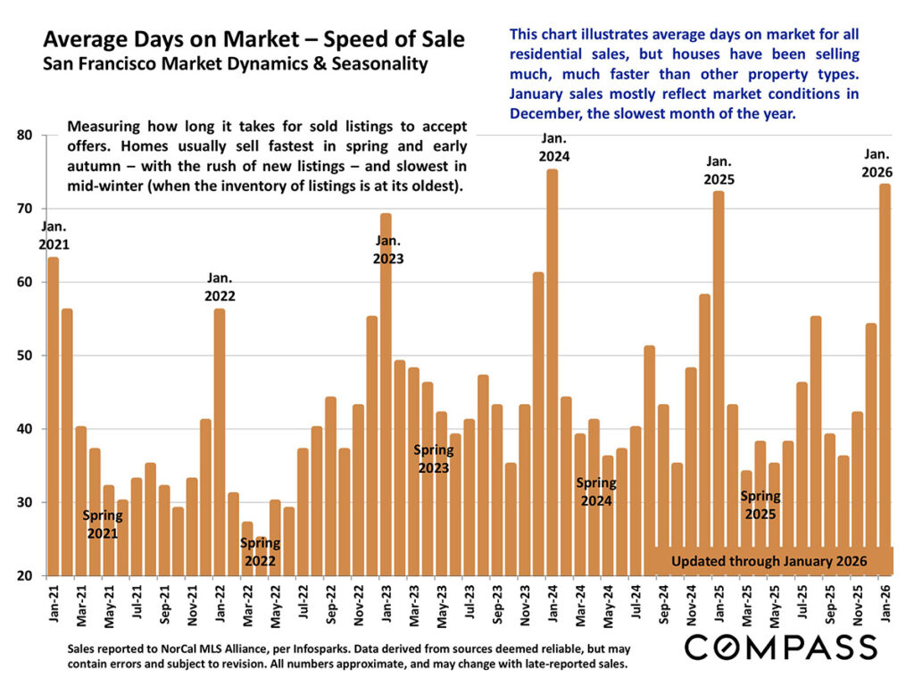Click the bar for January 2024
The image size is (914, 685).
552,375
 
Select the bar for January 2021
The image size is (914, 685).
53,419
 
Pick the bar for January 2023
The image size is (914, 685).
386,401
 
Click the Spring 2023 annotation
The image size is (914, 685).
434,458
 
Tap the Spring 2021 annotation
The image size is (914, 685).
102,524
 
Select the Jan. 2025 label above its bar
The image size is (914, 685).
719,169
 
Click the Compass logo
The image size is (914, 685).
780,647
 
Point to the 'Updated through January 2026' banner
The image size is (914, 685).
769,561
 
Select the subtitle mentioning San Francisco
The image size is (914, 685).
236,64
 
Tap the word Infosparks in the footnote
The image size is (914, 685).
321,648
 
